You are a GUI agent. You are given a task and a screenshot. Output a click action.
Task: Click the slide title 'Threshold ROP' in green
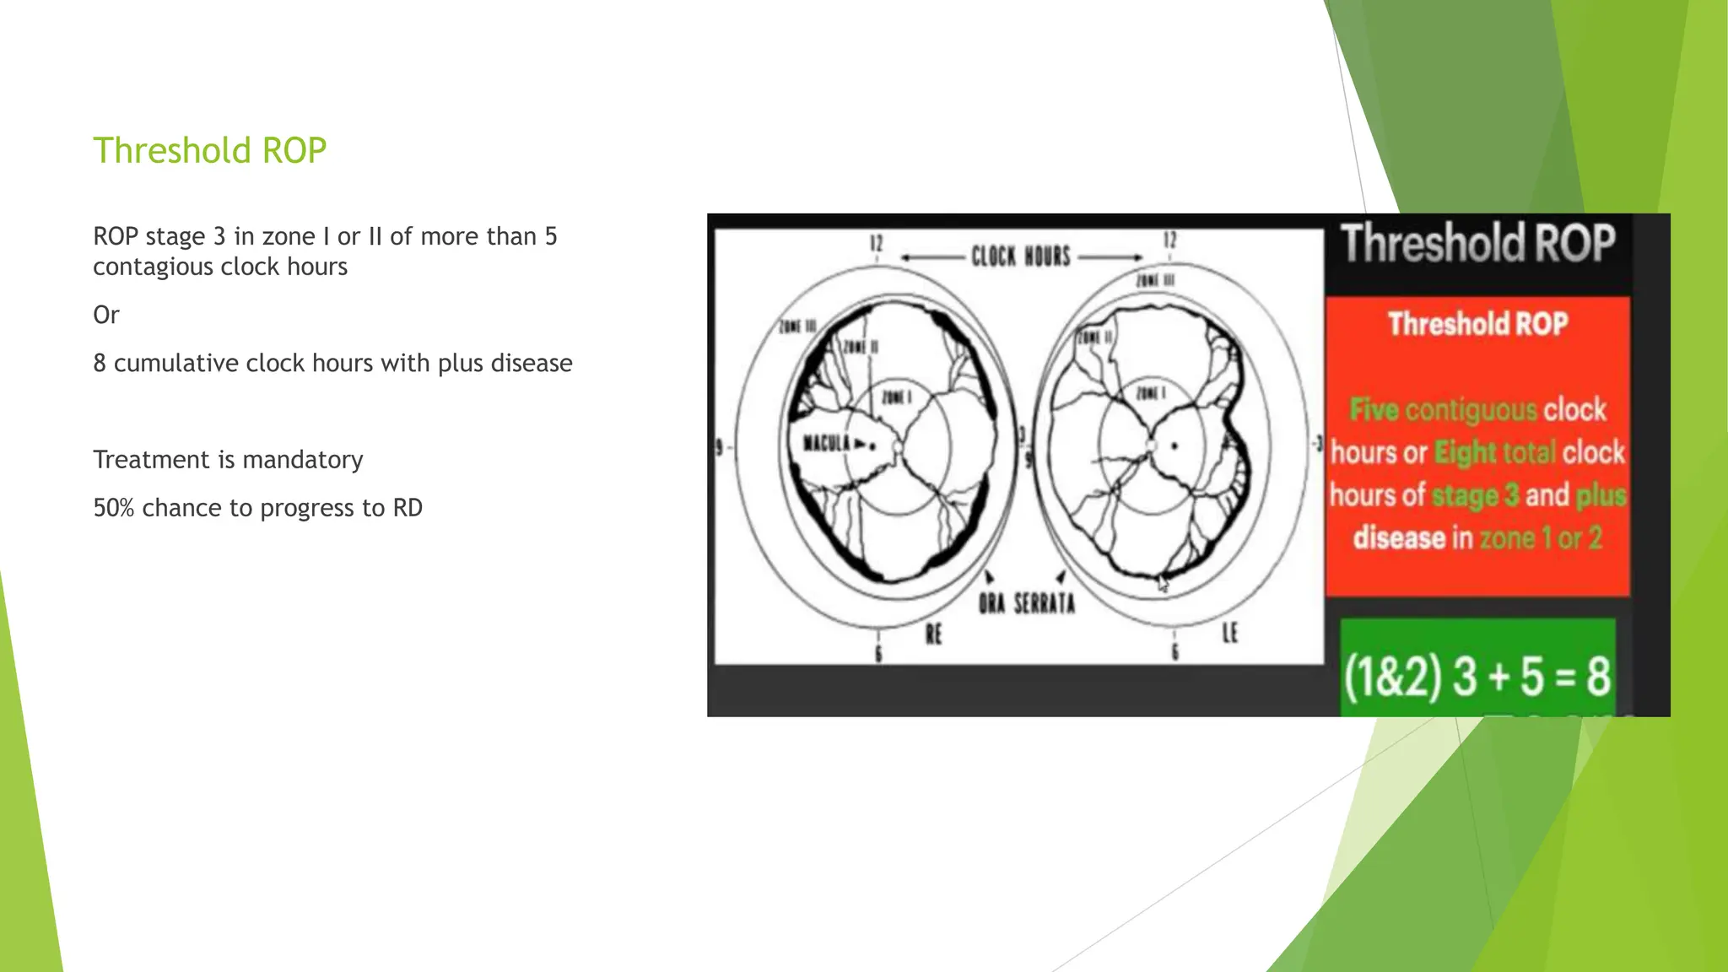click(x=209, y=150)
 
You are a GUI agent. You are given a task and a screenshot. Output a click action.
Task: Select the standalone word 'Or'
click(x=106, y=315)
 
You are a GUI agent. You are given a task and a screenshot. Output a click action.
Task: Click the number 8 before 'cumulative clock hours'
click(x=100, y=363)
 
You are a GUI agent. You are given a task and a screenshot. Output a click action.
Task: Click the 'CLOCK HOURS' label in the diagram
click(x=1020, y=256)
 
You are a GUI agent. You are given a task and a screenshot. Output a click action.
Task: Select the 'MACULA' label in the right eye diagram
click(x=827, y=443)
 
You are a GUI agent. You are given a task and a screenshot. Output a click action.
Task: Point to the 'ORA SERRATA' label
click(x=1027, y=603)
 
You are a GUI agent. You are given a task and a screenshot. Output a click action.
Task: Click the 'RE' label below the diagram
click(x=933, y=634)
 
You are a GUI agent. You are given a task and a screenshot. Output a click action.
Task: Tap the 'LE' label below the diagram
click(x=1229, y=633)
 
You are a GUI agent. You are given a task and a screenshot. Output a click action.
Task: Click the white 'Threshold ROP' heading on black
click(x=1478, y=244)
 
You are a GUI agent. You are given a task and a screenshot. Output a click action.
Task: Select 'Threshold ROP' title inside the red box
click(x=1477, y=324)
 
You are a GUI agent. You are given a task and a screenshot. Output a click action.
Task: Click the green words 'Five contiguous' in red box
click(x=1443, y=410)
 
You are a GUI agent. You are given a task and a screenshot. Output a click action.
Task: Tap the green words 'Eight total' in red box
click(x=1494, y=453)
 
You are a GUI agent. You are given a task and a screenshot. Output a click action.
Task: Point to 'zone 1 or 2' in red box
click(x=1540, y=538)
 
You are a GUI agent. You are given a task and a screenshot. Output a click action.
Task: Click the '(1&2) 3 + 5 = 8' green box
click(x=1477, y=676)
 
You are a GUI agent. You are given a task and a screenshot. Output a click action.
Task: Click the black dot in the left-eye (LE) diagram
click(x=1174, y=446)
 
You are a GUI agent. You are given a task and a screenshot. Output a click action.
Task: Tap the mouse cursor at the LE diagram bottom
click(x=1163, y=582)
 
